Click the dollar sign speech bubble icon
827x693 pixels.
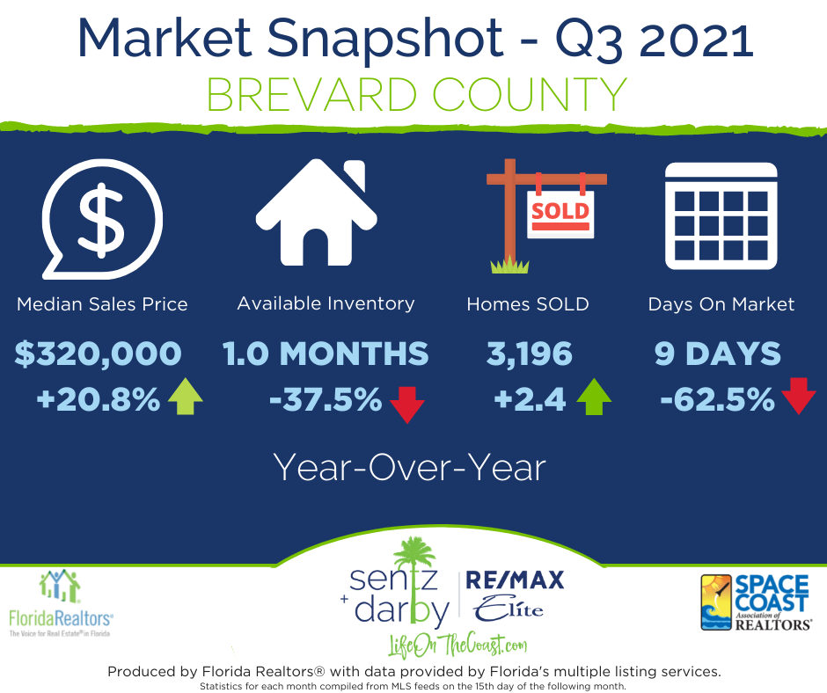click(x=103, y=219)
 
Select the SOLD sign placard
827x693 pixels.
click(x=560, y=214)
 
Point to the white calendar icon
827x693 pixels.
click(x=721, y=215)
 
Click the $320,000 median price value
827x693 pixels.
click(x=99, y=354)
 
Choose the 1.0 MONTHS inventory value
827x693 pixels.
click(x=326, y=354)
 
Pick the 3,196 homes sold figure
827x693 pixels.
click(x=529, y=354)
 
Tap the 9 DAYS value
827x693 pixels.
click(x=717, y=354)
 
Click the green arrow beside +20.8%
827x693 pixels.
click(x=185, y=396)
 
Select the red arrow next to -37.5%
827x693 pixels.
click(x=407, y=405)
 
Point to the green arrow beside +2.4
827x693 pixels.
click(x=594, y=397)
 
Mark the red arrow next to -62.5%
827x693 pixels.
click(x=799, y=396)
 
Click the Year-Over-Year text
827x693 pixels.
click(x=409, y=468)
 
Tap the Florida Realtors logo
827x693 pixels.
click(x=61, y=603)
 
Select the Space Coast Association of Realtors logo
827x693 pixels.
click(x=757, y=602)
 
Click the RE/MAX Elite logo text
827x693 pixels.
click(x=515, y=595)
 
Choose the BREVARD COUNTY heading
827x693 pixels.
click(x=417, y=95)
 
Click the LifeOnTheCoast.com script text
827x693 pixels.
click(x=457, y=645)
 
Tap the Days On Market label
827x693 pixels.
click(x=721, y=304)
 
